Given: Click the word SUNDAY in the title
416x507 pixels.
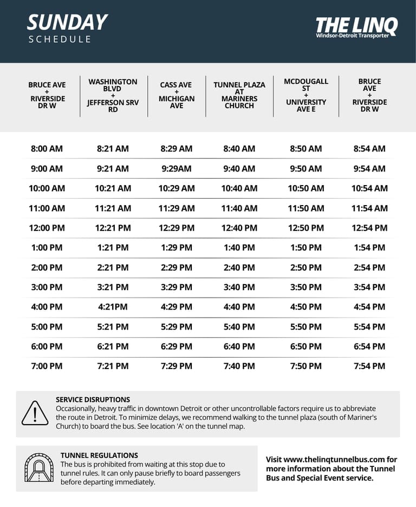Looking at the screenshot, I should [67, 23].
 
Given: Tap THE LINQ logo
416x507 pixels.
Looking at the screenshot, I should [356, 26].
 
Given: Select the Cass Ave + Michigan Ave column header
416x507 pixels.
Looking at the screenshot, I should [176, 95].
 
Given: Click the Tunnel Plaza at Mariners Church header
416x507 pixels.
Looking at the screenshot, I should [239, 95].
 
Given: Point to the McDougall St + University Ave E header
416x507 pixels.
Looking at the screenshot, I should [306, 95].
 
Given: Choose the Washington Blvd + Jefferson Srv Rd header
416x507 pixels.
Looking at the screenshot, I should [113, 95].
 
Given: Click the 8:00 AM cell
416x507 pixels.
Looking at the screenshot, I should [47, 149].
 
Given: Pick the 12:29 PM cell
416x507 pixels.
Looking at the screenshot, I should [176, 228].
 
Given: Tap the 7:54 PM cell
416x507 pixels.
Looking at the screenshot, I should [369, 366].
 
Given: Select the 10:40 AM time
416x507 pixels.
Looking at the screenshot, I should [239, 188].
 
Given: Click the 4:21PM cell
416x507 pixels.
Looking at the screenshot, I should [113, 307].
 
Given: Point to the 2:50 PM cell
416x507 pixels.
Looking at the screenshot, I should [306, 267].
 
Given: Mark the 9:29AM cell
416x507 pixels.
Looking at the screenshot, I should [176, 169].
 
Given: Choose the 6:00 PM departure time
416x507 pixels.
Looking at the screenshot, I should [47, 346].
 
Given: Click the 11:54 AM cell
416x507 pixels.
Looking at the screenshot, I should [369, 208].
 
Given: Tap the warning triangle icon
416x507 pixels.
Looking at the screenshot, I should [35, 413].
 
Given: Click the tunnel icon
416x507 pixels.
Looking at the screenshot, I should [38, 468].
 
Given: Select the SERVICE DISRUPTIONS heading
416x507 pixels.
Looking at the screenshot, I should [93, 400].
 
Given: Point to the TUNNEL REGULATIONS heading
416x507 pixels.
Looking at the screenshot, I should [99, 456].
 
